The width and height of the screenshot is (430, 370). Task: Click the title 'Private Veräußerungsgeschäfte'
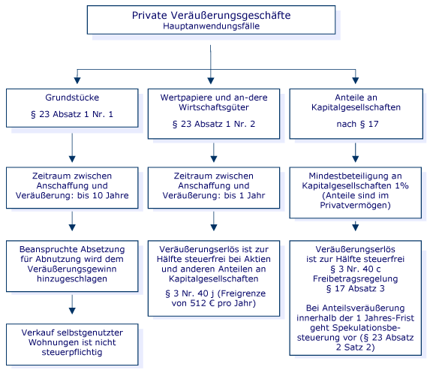pos(211,15)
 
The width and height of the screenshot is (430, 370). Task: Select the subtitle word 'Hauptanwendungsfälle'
pos(211,26)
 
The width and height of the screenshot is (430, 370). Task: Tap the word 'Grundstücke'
pos(72,98)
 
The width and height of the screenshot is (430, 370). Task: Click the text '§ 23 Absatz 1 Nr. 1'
pos(72,114)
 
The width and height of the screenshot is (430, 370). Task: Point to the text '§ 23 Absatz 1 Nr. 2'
pos(214,124)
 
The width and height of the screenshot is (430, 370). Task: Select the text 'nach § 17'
pos(358,124)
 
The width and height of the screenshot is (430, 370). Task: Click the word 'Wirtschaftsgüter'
pos(214,107)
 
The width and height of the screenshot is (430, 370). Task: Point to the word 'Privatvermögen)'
pos(356,205)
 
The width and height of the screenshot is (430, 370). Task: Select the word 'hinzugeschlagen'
pos(72,278)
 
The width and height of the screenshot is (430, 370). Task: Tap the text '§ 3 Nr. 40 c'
pos(356,269)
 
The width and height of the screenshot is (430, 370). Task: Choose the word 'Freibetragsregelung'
pos(356,278)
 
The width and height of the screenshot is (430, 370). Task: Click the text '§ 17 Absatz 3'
pos(356,288)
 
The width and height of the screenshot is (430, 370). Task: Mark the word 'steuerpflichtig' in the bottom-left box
pos(72,352)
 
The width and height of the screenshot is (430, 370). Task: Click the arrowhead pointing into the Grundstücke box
pos(77,80)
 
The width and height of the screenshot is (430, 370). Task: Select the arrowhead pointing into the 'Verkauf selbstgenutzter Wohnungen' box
pos(72,311)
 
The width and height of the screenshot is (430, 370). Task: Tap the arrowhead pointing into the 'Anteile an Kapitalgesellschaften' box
pos(356,80)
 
